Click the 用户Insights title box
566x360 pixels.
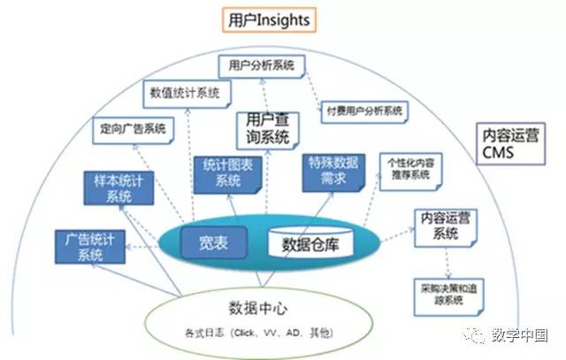coord(271,18)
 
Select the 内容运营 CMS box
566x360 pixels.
coord(512,145)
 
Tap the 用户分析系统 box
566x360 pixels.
coord(261,65)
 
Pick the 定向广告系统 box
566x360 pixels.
coord(132,128)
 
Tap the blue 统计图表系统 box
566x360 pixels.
coord(227,173)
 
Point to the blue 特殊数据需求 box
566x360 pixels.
coord(333,169)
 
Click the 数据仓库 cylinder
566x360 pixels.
coord(310,241)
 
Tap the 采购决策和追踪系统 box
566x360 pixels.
coord(445,294)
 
